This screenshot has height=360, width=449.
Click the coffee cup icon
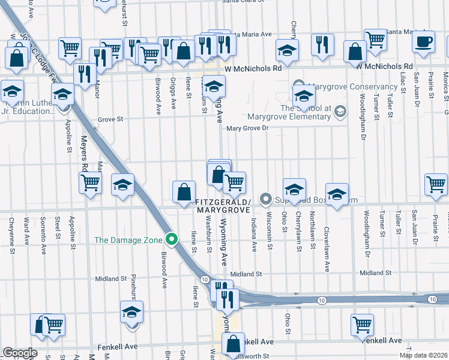click(x=424, y=42)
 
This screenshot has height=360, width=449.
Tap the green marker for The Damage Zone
click(x=172, y=240)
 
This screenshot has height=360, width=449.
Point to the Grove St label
click(x=110, y=119)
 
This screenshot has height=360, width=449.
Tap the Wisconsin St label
click(x=270, y=230)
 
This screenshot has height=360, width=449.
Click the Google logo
click(x=20, y=353)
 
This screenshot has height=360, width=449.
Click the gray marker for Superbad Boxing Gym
click(x=265, y=199)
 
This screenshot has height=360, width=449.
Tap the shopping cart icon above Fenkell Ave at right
click(x=363, y=325)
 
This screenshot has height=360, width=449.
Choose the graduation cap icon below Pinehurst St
click(x=131, y=313)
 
